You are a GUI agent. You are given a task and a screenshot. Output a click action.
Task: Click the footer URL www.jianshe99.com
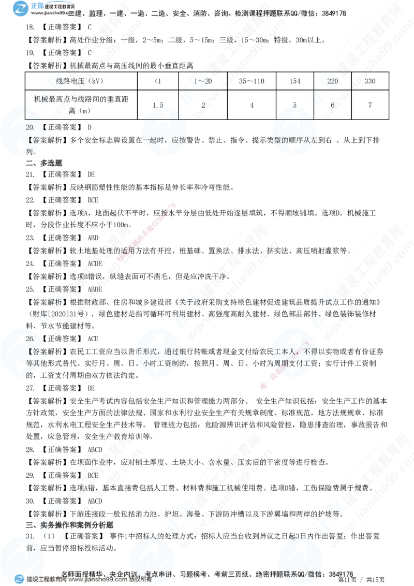click(98, 580)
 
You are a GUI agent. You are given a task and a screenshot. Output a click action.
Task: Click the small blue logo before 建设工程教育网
click(20, 579)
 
